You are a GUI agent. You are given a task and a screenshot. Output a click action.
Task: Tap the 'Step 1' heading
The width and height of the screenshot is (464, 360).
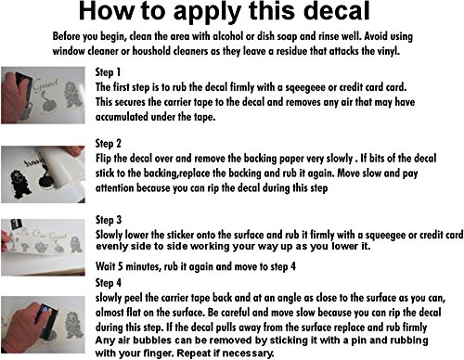pos(108,72)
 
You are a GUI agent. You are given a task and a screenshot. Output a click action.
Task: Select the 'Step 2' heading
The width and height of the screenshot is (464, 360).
pos(109,144)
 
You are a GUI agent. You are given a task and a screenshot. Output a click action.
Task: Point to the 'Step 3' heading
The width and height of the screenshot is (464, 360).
pos(109,220)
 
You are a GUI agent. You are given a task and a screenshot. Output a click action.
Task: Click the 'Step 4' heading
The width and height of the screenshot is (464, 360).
pos(109,283)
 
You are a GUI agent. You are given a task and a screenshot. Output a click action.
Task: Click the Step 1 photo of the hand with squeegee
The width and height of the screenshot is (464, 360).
pos(43,96)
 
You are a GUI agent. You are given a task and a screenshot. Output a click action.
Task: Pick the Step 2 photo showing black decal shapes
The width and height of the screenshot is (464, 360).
pos(43,174)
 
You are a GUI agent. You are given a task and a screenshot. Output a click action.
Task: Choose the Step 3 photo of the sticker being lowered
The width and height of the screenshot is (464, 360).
pos(43,248)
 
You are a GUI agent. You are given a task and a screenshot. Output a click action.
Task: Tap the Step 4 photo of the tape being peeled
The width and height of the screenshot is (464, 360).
pos(43,325)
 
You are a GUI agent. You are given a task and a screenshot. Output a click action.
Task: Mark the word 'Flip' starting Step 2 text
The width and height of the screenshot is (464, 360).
pos(103,159)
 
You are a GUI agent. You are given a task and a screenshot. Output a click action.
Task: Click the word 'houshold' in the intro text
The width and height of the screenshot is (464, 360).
pos(151,51)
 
